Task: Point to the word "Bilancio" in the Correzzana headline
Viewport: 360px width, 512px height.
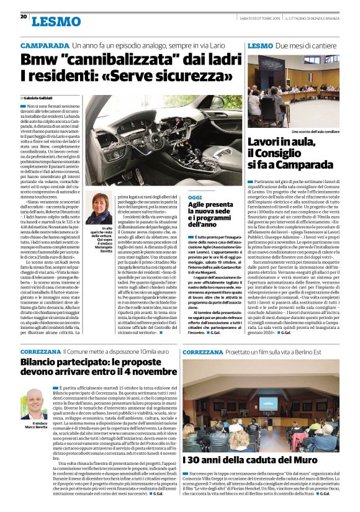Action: [44, 361]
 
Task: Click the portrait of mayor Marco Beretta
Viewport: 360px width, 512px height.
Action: [35, 404]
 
